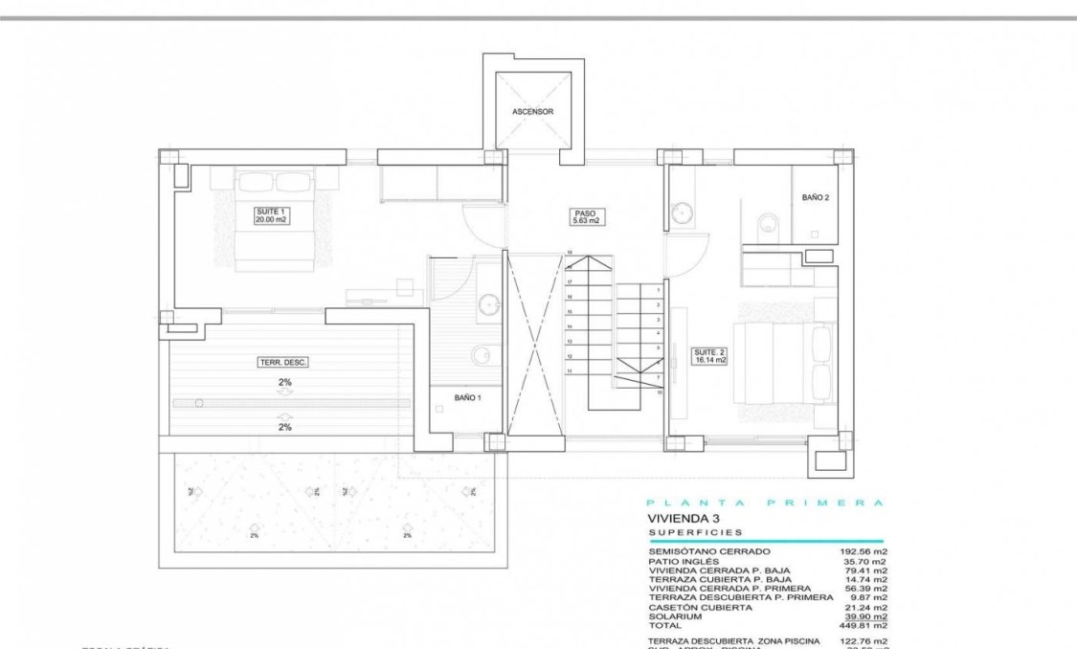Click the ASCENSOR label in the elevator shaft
point(532,112)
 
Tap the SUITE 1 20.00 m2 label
point(271,215)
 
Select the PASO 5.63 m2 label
point(585,217)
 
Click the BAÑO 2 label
point(815,197)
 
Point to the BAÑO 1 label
point(466,397)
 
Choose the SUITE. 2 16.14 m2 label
point(709,357)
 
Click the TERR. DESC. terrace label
point(283,363)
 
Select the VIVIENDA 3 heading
point(683,519)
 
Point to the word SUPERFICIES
point(695,532)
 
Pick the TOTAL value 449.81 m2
point(864,625)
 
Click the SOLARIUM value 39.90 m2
point(864,616)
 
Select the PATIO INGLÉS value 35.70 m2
point(865,562)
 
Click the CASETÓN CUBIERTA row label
point(700,607)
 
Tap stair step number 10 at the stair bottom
point(660,392)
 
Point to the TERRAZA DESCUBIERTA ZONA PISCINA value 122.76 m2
point(864,641)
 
